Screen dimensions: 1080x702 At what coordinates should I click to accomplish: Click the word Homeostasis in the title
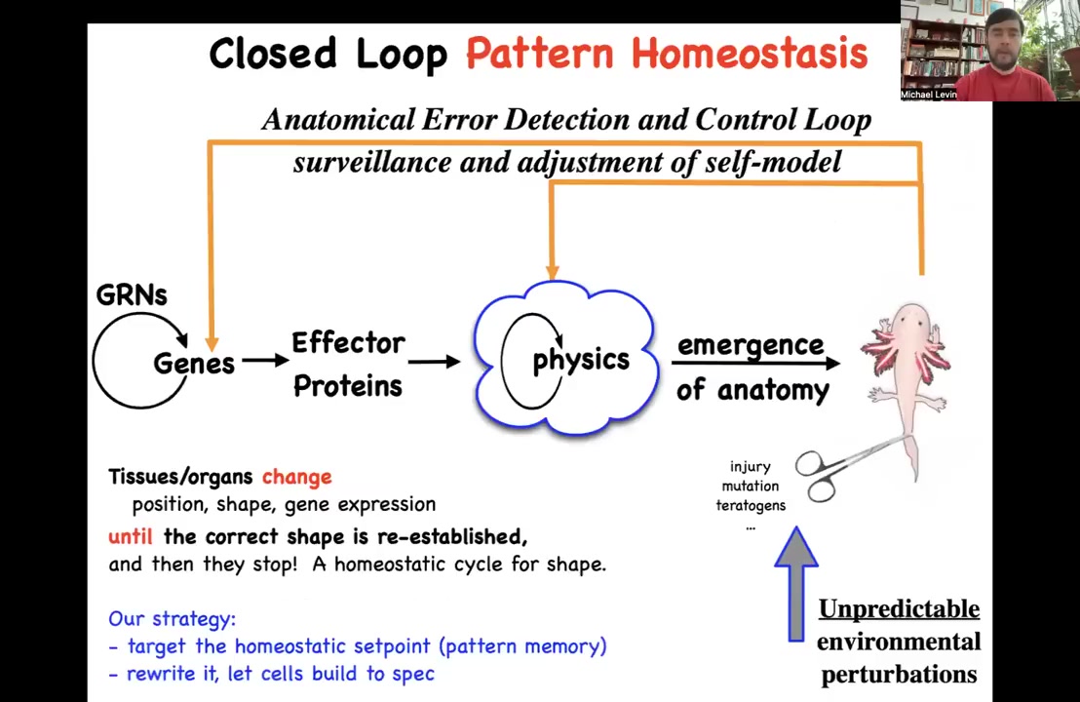[x=750, y=54]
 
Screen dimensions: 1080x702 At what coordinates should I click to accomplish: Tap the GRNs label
[x=132, y=294]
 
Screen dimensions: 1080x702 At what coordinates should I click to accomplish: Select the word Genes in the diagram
[x=194, y=363]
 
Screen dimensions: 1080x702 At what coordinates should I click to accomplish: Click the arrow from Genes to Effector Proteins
[x=265, y=361]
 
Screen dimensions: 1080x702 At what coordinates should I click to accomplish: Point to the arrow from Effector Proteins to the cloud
[x=434, y=361]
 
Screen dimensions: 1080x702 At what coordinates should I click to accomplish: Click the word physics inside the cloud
[x=581, y=361]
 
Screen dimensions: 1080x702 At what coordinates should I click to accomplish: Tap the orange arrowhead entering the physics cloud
[x=553, y=274]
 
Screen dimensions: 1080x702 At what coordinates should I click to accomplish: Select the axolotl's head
[x=910, y=323]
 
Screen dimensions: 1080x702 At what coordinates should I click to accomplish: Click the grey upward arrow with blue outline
[x=796, y=584]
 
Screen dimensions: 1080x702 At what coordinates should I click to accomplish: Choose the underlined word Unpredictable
[x=899, y=609]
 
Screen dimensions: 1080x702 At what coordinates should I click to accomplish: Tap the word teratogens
[x=751, y=506]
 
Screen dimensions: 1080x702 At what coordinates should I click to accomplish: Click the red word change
[x=297, y=477]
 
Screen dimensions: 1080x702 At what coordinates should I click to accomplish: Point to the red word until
[x=131, y=536]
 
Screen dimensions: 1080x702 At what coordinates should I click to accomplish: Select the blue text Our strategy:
[x=173, y=619]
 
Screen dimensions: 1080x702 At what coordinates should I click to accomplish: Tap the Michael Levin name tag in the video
[x=929, y=96]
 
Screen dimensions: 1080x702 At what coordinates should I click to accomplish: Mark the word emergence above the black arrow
[x=751, y=345]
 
